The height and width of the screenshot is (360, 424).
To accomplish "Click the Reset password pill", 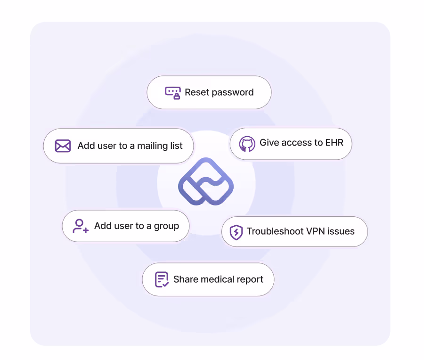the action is (x=209, y=92).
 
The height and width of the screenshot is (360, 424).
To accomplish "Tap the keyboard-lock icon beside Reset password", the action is (x=173, y=92).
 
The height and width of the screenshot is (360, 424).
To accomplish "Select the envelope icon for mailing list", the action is (x=63, y=146).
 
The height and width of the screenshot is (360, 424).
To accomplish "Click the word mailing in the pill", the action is (x=153, y=146).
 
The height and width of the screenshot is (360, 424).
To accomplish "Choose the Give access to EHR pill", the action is (x=291, y=143).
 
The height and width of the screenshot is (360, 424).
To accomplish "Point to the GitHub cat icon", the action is (x=247, y=144).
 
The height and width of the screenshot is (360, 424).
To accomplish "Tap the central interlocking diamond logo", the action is (x=206, y=181).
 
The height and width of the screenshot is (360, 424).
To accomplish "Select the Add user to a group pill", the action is (x=126, y=226).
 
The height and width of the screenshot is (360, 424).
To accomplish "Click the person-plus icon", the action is (x=81, y=226).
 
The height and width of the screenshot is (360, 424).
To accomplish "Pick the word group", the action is (x=166, y=226).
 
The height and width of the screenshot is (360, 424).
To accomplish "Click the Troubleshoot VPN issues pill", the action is (x=294, y=231).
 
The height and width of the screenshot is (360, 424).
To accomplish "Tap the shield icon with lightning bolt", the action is (x=236, y=232).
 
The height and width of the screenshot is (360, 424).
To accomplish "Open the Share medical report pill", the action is (x=208, y=279).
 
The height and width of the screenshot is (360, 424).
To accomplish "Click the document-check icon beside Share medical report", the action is (x=162, y=279).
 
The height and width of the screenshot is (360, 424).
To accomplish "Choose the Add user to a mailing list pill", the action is (x=118, y=146).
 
